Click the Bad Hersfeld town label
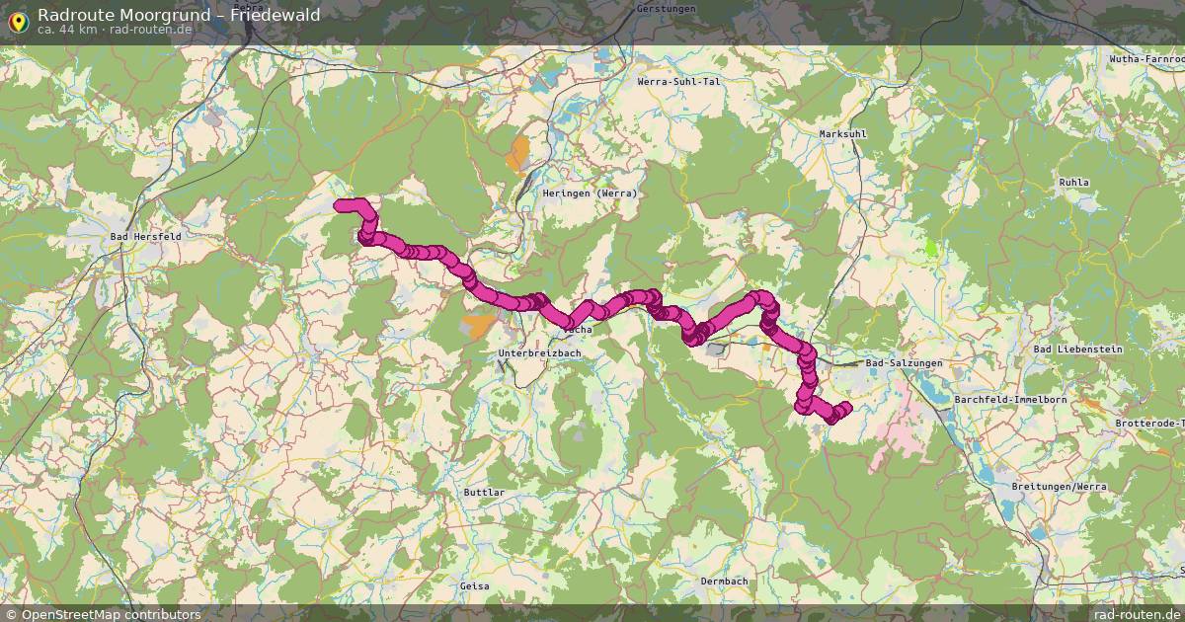pos(145,237)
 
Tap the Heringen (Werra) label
pos(590,194)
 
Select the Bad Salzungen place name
pos(904,363)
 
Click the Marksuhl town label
pos(842,133)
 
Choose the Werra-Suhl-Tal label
pos(679,82)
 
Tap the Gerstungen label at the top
pos(667,9)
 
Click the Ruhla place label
pos(1073,183)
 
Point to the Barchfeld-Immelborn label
pos(1010,399)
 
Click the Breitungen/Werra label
pos(1059,487)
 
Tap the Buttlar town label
pos(484,492)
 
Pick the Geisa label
pos(474,585)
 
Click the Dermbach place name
pos(724,582)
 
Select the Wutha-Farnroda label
pos(1146,59)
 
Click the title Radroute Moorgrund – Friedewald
pos(179,14)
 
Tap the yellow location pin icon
pos(18,20)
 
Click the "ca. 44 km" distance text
pos(65,30)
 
